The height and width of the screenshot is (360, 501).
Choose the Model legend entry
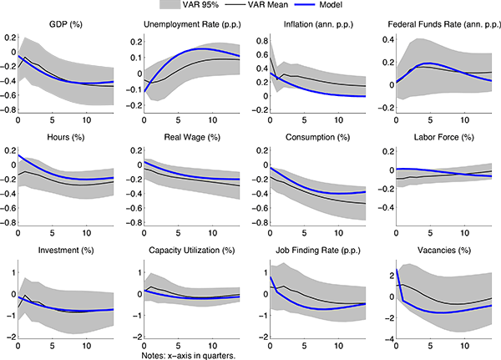351,6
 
